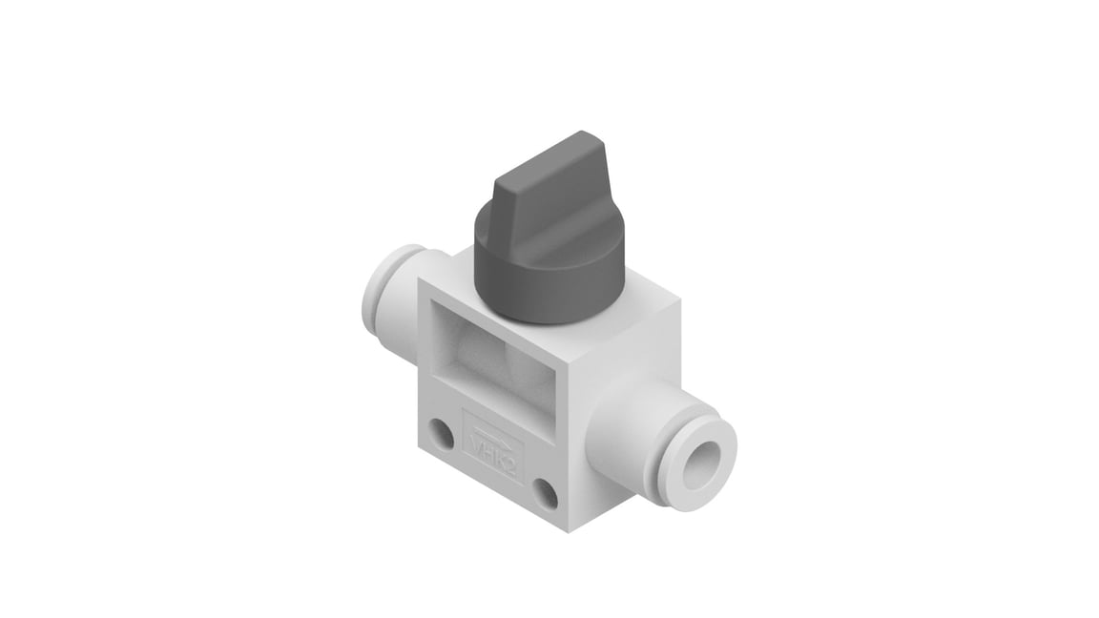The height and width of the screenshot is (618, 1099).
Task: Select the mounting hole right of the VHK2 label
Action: click(545, 493)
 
